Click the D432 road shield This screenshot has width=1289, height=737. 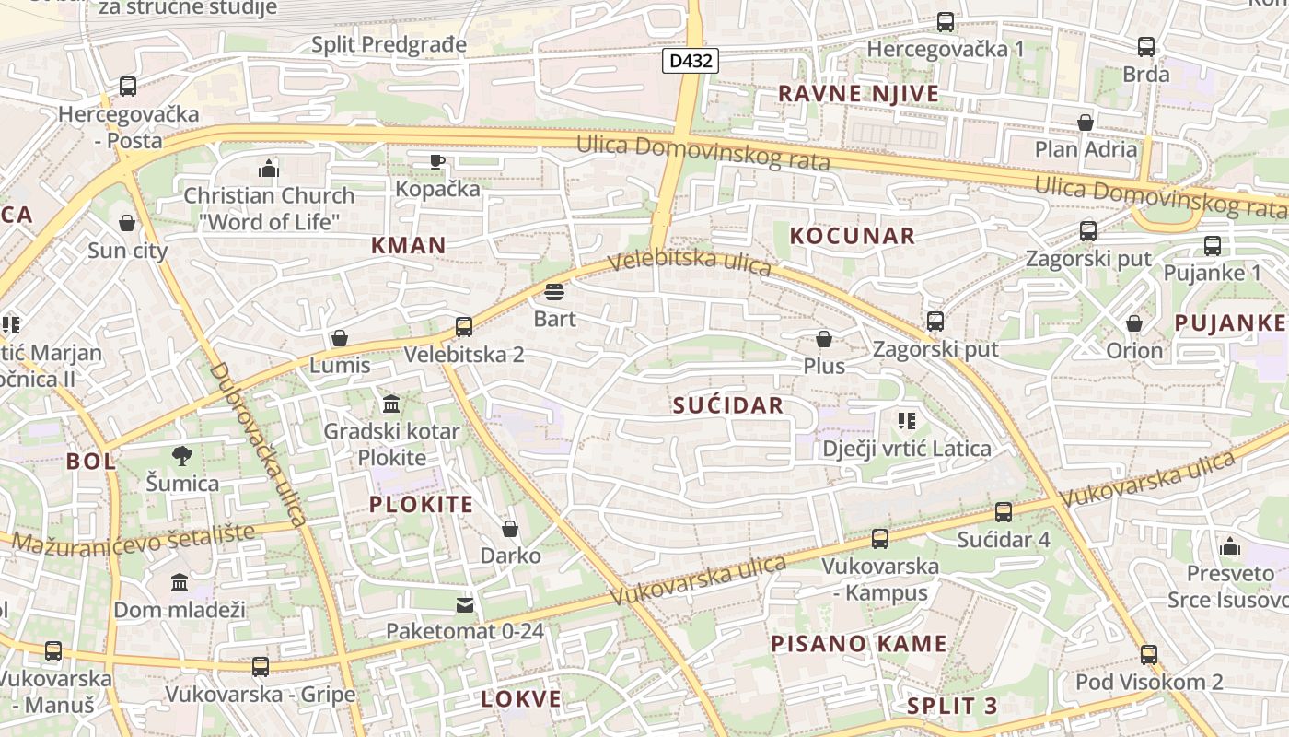coord(690,62)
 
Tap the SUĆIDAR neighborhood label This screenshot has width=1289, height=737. coord(727,405)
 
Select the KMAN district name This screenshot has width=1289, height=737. coord(408,245)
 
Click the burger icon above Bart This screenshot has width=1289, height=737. coord(554,293)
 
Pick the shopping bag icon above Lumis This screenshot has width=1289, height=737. coord(340,338)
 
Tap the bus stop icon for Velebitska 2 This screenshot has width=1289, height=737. coord(464,327)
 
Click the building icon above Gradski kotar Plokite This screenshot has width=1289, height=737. coord(391,404)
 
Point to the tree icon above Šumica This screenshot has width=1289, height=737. coord(182,455)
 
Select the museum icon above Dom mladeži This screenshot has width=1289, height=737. coord(180,582)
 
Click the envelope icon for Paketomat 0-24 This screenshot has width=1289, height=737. coord(465,605)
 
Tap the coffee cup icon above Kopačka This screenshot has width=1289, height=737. coord(437,162)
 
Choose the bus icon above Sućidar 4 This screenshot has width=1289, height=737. coord(1004,512)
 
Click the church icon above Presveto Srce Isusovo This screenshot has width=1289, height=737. coord(1230,546)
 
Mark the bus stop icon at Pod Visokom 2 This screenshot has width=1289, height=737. coord(1149,655)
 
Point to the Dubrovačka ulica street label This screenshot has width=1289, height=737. coord(258,444)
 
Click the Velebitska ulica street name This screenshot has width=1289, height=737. coord(690,263)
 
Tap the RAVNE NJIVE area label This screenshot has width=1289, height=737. coord(858,93)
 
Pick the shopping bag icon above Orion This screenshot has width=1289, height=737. coord(1134,323)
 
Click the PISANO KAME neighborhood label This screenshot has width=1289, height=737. coord(858,644)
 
